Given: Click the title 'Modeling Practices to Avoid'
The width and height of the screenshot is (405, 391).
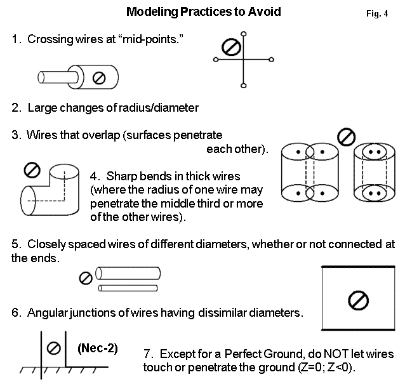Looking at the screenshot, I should (203, 11).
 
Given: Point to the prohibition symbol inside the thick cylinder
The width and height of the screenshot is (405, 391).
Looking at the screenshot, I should (98, 77).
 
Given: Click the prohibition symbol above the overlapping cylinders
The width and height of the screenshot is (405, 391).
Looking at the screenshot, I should (345, 136).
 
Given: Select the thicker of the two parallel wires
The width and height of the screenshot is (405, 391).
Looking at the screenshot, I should (130, 274).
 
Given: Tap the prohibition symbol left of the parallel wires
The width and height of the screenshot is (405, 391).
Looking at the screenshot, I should (85, 278).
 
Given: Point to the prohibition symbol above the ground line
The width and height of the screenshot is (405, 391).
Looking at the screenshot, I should (55, 348).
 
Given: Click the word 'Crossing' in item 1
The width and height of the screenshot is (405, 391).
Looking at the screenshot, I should (50, 39).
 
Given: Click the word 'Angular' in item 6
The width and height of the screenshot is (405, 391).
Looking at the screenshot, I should (48, 313).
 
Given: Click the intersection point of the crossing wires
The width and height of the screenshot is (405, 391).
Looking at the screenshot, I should (244, 60).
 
